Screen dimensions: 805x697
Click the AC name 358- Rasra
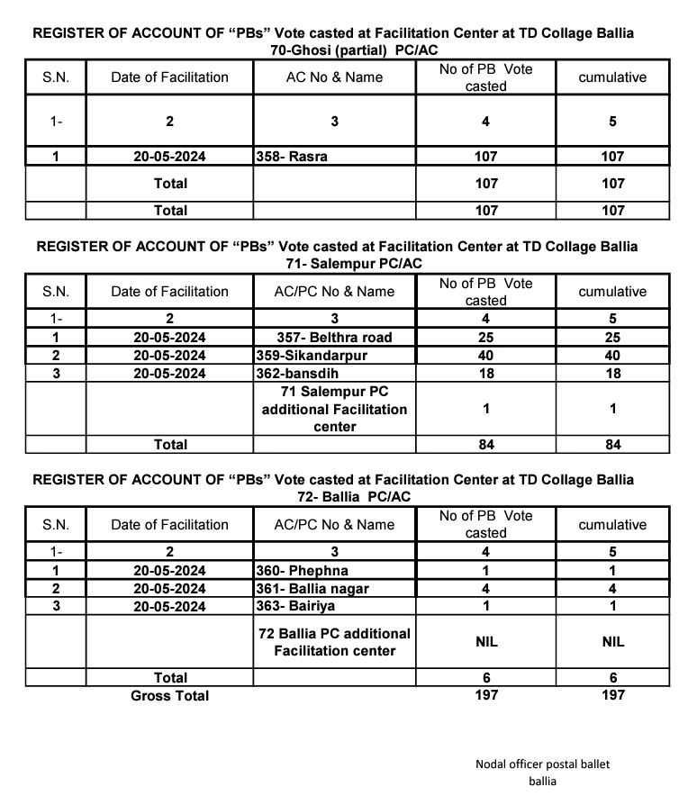[292, 157]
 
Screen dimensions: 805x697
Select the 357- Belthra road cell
[334, 338]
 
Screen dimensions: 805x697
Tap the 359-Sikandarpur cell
[312, 356]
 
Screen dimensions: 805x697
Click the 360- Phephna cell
[303, 571]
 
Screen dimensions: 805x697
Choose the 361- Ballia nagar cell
[312, 589]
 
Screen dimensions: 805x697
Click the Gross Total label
[169, 696]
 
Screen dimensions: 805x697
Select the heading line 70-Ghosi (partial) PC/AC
[333, 50]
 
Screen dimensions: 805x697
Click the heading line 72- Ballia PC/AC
[333, 497]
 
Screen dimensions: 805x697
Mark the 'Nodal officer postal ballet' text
[542, 764]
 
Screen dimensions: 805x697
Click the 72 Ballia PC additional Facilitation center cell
[334, 642]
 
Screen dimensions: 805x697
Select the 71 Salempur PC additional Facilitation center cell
[334, 409]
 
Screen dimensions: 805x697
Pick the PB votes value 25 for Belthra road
[486, 338]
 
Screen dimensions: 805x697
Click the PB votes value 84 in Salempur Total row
[486, 445]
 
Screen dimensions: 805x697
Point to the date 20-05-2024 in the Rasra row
[169, 157]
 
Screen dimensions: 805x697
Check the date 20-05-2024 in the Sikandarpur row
[169, 356]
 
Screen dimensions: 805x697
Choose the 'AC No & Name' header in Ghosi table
[334, 77]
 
